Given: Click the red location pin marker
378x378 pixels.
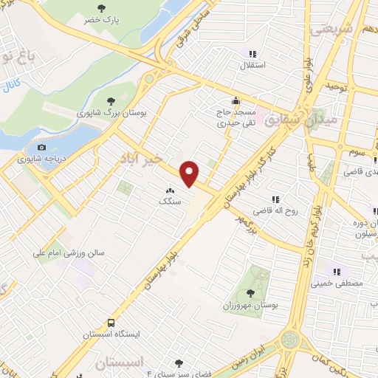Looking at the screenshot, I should click(x=190, y=172).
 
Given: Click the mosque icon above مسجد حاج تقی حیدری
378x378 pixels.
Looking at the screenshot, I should click(x=236, y=102).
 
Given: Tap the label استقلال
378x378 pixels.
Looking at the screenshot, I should click(x=253, y=66).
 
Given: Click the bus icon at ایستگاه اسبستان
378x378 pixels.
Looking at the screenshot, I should click(x=111, y=323).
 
